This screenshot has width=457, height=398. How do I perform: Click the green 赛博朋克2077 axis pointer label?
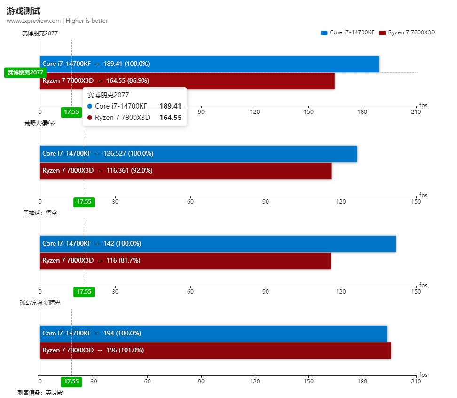click(x=25, y=72)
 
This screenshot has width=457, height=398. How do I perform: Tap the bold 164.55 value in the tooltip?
click(x=170, y=118)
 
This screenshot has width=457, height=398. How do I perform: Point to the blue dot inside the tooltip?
click(x=90, y=106)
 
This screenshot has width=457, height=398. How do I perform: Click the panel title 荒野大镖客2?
click(x=40, y=123)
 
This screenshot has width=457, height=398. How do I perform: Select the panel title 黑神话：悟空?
click(x=40, y=213)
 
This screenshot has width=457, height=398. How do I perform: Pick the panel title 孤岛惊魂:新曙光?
click(x=40, y=302)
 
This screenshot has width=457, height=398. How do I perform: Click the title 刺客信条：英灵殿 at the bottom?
click(x=40, y=392)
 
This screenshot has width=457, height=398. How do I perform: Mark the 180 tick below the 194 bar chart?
click(x=362, y=381)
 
